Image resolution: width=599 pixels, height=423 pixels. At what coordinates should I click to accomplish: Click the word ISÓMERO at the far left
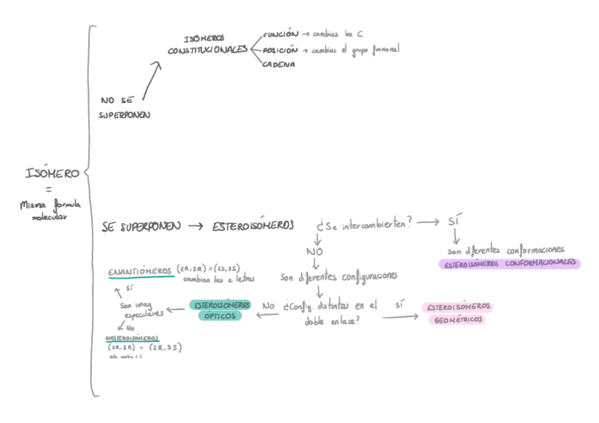coord(52,173)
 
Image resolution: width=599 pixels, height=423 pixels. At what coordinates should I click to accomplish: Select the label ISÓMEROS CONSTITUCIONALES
coord(207,46)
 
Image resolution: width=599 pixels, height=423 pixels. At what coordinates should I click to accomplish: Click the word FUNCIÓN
coord(275,34)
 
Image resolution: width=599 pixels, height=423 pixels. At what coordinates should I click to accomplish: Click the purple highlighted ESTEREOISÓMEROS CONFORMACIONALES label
coord(509,263)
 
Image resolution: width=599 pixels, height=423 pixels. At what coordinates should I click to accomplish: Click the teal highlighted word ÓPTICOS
coord(220,316)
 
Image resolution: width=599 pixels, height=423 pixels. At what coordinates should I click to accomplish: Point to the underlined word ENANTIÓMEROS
coord(140,271)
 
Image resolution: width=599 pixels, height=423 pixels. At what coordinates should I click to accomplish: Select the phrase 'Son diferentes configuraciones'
coord(338,276)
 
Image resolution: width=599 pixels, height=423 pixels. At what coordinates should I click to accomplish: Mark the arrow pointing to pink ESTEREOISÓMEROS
coord(400,318)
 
